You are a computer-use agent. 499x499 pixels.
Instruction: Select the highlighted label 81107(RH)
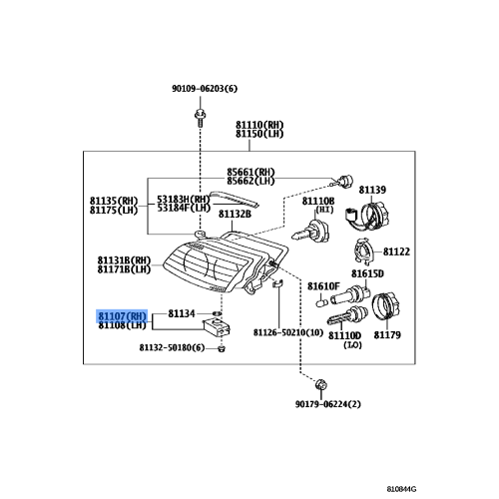click(122, 314)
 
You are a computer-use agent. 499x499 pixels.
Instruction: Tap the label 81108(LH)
click(122, 324)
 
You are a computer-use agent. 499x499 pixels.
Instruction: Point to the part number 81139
click(372, 189)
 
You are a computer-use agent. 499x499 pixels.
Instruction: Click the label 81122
click(396, 251)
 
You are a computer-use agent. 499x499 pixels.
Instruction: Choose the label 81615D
click(366, 272)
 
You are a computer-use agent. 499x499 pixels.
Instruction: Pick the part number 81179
click(386, 335)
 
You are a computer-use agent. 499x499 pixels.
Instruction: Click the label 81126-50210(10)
click(287, 331)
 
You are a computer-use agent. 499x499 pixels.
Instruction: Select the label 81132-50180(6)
click(172, 348)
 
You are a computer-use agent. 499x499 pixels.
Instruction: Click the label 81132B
click(237, 213)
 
